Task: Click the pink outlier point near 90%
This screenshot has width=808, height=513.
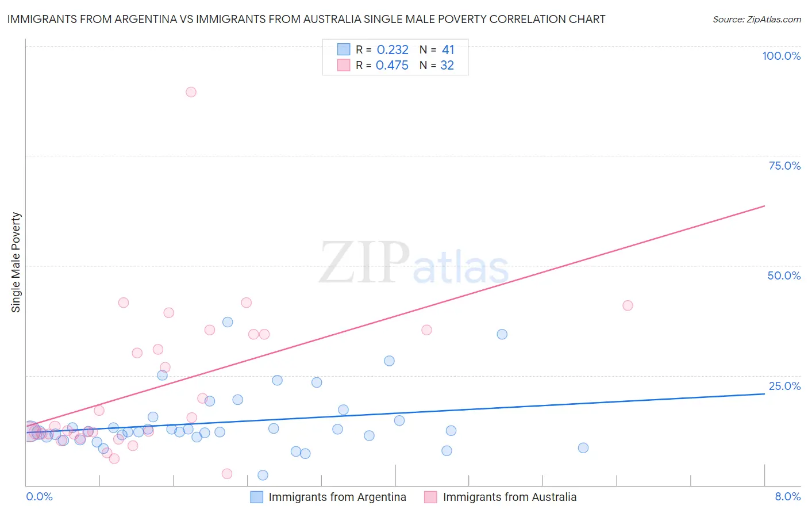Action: [x=191, y=92]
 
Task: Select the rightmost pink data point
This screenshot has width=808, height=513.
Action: [x=628, y=305]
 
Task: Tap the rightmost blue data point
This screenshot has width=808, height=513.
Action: [x=583, y=448]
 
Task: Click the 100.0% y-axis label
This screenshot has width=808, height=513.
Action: [x=781, y=56]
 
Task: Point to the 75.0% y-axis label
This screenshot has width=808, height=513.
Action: [x=784, y=166]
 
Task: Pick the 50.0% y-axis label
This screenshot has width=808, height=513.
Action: [x=784, y=275]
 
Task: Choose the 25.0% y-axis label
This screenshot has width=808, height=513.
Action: [x=784, y=386]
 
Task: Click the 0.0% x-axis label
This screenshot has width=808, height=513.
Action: [x=39, y=496]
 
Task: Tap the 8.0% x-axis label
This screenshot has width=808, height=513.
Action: [x=787, y=496]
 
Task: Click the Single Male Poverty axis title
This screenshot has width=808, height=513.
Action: [x=16, y=262]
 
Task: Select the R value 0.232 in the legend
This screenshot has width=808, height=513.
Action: [x=393, y=50]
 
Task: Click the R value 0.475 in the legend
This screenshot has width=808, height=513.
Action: [x=392, y=66]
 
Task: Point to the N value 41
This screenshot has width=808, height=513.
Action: [x=448, y=50]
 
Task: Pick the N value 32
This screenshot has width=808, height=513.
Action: [x=447, y=66]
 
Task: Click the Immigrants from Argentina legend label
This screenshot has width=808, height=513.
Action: [x=337, y=497]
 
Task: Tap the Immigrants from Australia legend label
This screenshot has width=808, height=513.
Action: [x=509, y=497]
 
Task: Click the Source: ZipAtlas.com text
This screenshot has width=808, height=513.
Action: [x=756, y=20]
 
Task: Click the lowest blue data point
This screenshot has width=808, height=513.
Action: [x=263, y=475]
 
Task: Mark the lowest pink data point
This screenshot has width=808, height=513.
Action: [x=227, y=474]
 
